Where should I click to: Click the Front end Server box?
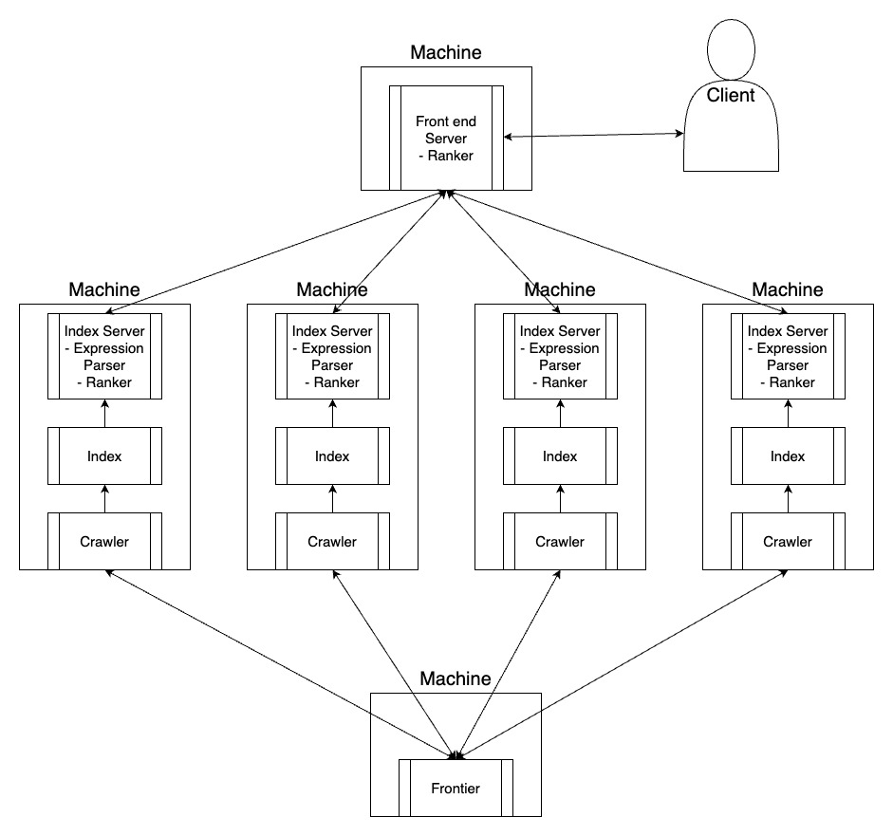[x=446, y=138]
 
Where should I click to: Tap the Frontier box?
[x=456, y=788]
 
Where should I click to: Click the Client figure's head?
[x=732, y=49]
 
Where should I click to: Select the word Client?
[x=731, y=95]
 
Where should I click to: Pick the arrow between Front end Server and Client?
[x=593, y=135]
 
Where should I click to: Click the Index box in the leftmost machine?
[x=104, y=456]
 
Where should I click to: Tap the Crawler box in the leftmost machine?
[x=104, y=541]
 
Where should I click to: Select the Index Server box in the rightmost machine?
[x=789, y=357]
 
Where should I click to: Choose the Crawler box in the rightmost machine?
[x=789, y=541]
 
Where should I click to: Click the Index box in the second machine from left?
[x=332, y=456]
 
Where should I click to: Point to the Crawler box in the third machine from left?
[x=561, y=541]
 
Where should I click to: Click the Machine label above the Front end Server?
[x=446, y=52]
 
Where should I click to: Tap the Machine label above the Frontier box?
[x=456, y=678]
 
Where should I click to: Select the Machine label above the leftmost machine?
[x=104, y=289]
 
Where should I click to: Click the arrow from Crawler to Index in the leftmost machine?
[x=104, y=499]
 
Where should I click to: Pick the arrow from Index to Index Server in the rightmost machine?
[x=789, y=414]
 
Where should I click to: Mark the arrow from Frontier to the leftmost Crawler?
[x=281, y=664]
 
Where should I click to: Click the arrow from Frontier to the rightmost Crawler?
[x=622, y=664]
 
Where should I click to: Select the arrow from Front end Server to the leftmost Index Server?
[x=275, y=251]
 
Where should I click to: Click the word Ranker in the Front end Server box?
[x=450, y=156]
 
